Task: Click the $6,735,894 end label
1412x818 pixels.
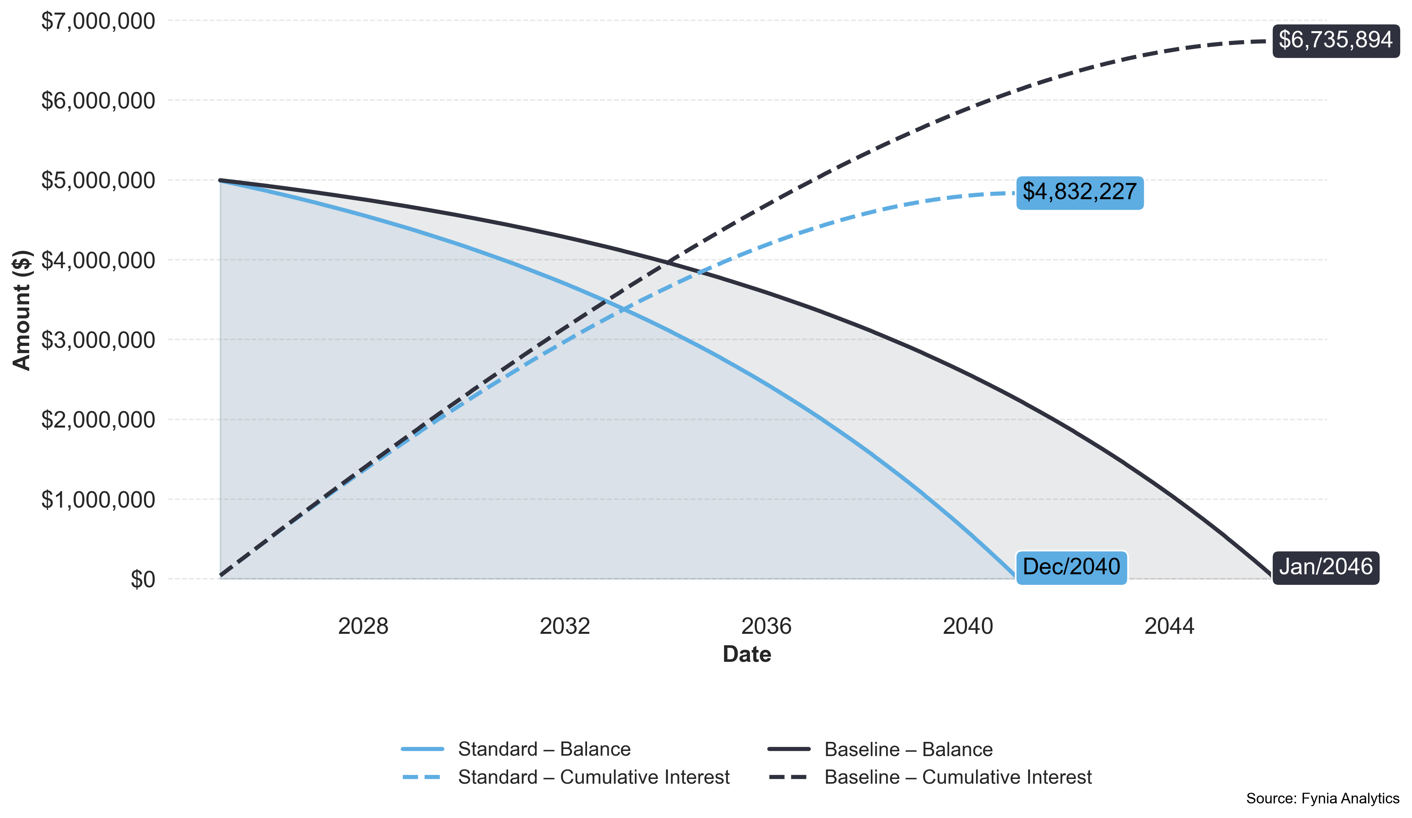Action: [1335, 40]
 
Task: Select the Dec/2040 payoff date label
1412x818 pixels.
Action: [1071, 567]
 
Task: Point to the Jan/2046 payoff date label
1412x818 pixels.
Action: [1325, 567]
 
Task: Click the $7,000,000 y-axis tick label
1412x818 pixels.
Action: [98, 21]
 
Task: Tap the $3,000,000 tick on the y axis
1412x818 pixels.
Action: [98, 340]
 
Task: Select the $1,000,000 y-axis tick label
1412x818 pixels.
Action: [98, 500]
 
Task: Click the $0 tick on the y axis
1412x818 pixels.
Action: [142, 580]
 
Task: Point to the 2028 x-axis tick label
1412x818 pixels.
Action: [363, 626]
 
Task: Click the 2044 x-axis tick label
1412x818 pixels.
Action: [1169, 626]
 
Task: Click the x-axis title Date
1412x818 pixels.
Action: [747, 654]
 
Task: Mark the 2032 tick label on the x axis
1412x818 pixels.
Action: [565, 626]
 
